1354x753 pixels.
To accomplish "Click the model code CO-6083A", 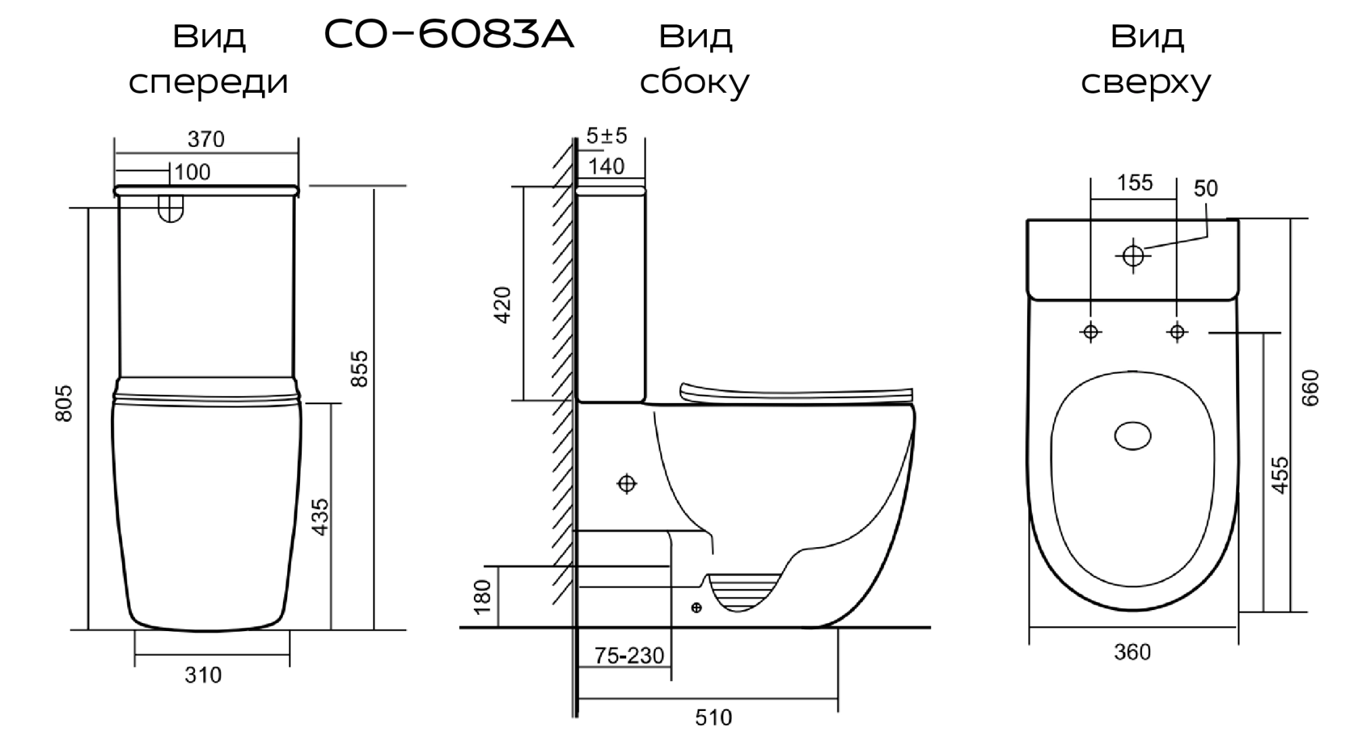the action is coord(449,35).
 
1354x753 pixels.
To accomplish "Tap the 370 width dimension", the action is coord(206,139).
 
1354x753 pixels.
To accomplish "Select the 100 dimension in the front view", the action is coord(192,172).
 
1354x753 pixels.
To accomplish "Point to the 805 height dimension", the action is coord(64,404).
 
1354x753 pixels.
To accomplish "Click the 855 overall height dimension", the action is coord(361,368).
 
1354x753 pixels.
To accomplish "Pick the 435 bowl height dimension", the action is coord(321,517).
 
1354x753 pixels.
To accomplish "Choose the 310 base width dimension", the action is coord(203,674).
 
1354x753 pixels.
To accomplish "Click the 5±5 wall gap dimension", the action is coord(607,136).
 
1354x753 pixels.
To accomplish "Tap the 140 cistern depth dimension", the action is coord(607,166).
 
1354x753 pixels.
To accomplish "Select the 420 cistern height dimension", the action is coord(503,305).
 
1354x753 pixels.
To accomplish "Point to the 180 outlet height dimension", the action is coord(483,597).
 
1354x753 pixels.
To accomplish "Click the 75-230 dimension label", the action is coord(629,655).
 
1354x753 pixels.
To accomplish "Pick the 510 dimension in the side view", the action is coord(714,717).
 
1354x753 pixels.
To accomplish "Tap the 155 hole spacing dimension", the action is coord(1135,183).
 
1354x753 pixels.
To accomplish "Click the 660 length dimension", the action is coord(1311,387).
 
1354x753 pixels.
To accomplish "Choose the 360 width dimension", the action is coord(1132,652).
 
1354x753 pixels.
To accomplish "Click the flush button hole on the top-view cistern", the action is coord(1133,255).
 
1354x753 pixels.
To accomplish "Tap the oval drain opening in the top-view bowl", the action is coord(1133,436).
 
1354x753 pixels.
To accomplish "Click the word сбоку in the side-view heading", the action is coord(695,83).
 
